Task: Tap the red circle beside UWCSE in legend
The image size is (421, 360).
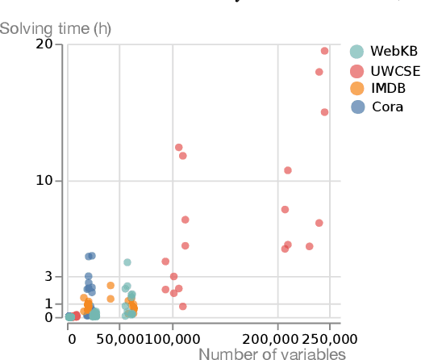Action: pos(357,70)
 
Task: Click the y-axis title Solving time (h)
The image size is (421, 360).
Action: pos(56,29)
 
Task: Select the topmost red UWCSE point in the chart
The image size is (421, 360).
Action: pos(324,51)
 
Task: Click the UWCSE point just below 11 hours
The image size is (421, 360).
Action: pos(287,170)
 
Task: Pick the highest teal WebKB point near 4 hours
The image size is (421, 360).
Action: pos(127,262)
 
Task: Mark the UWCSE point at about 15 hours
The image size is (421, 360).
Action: pos(324,112)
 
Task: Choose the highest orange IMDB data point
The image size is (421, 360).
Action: pos(110,286)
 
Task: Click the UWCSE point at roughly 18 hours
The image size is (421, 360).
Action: pos(319,72)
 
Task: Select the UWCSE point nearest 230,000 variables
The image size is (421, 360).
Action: pos(309,246)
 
